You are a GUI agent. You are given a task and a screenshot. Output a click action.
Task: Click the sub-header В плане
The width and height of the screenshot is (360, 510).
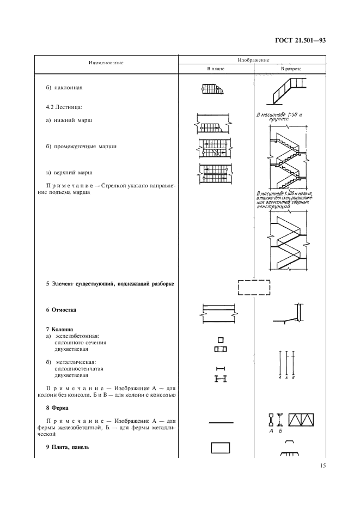pos(216,69)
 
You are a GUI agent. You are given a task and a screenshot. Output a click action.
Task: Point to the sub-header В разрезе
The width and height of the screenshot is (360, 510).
pos(291,69)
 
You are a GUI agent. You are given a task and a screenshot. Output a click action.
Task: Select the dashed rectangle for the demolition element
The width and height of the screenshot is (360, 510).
pos(254,287)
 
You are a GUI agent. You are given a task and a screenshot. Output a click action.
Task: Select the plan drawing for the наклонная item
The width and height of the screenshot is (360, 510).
pos(216,88)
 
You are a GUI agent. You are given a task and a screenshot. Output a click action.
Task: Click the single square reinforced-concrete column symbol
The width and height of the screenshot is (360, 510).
pos(221,339)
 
